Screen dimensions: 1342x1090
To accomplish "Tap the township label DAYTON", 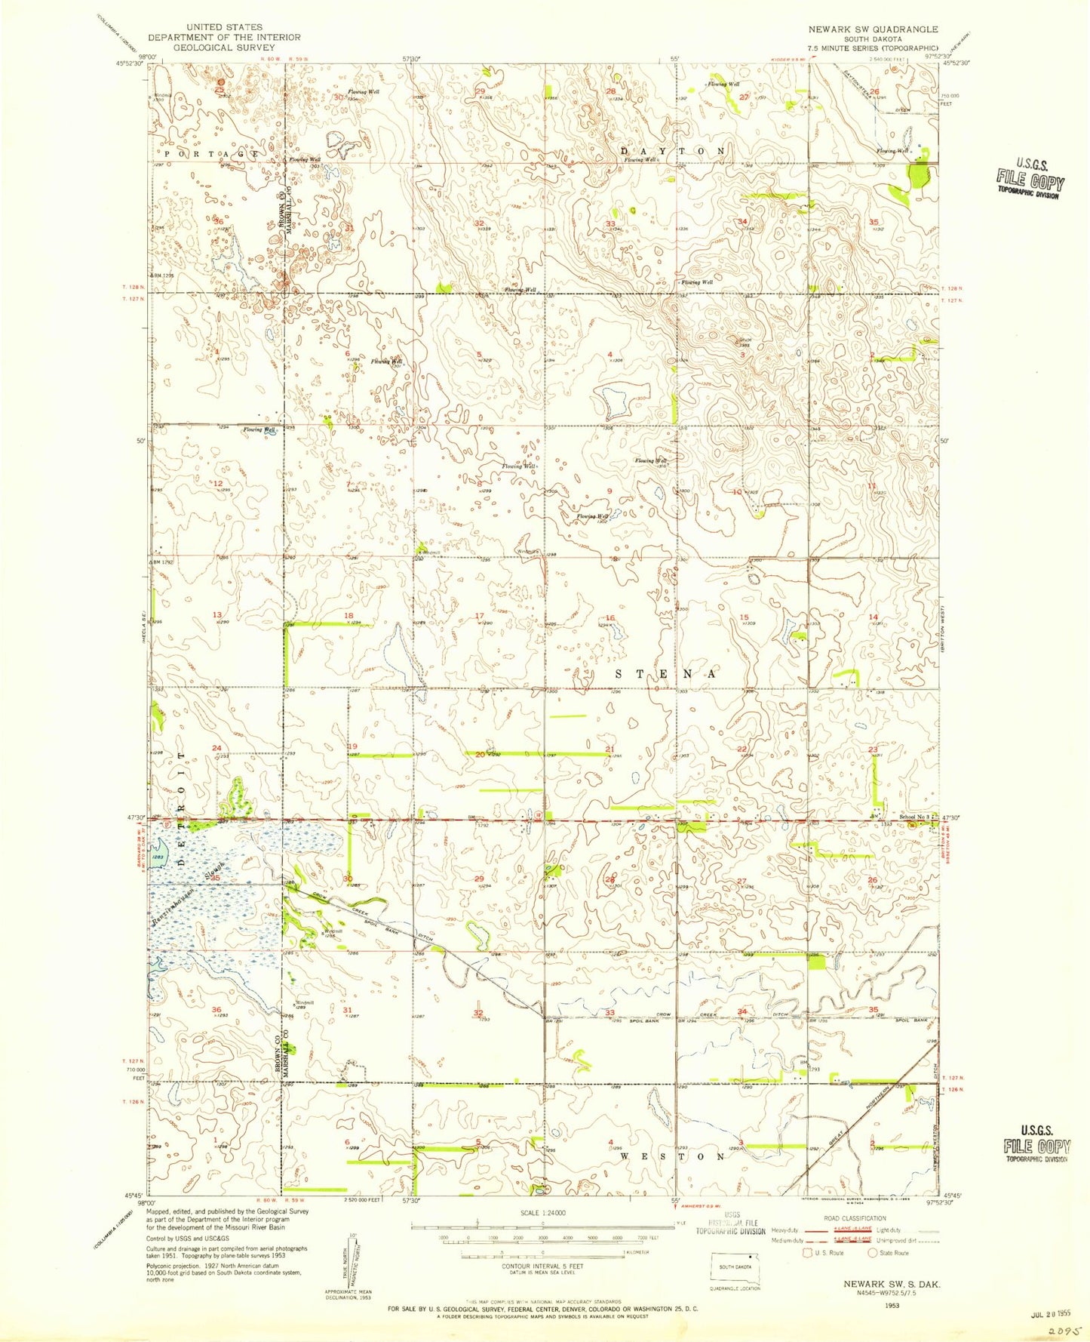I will pyautogui.click(x=673, y=151).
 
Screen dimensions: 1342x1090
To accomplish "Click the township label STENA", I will pyautogui.click(x=665, y=674).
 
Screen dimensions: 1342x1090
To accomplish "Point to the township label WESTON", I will pyautogui.click(x=672, y=1156).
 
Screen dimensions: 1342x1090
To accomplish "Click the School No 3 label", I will pyautogui.click(x=915, y=817).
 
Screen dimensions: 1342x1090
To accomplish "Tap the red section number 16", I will pyautogui.click(x=610, y=618).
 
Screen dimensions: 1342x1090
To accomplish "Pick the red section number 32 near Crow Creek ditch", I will pyautogui.click(x=477, y=1013).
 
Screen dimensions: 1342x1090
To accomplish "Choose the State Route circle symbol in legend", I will pyautogui.click(x=873, y=1252).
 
